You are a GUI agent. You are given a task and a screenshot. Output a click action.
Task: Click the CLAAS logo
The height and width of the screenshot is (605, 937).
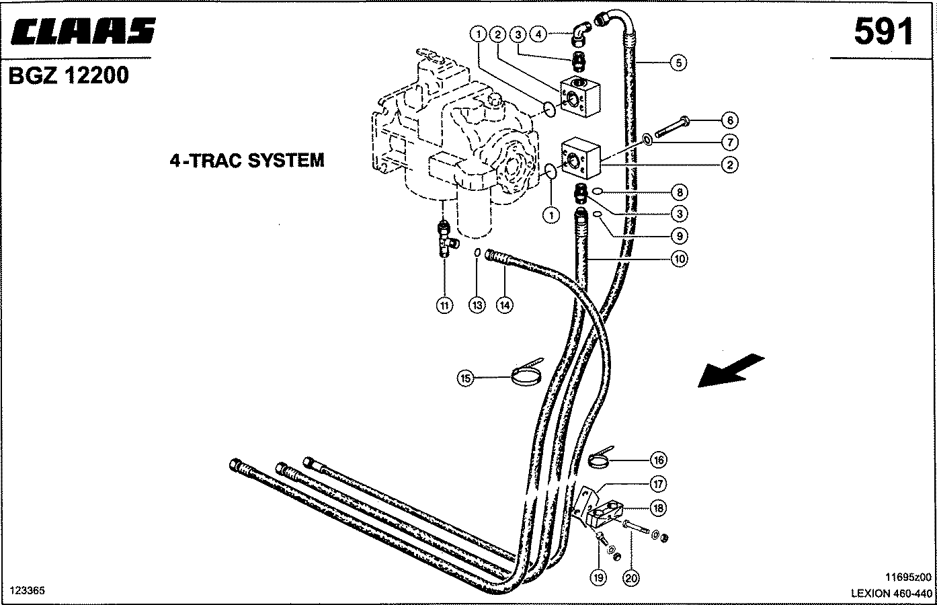pyautogui.click(x=83, y=32)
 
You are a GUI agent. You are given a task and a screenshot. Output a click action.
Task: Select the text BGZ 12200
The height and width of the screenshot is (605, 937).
pyautogui.click(x=69, y=75)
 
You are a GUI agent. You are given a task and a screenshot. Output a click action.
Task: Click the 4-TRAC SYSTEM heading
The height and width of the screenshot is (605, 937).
pyautogui.click(x=247, y=161)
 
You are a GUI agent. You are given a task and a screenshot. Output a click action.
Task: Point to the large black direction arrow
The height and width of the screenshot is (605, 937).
pyautogui.click(x=731, y=370)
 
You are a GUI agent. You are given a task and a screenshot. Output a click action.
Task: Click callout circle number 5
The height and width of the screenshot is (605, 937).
pyautogui.click(x=678, y=63)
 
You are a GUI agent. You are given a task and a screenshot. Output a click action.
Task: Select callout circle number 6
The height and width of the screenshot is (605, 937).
pyautogui.click(x=729, y=121)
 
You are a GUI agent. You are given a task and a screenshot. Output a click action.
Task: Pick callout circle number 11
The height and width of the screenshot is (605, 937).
pyautogui.click(x=444, y=305)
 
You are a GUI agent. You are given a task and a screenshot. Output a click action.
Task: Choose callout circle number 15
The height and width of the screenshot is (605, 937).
pyautogui.click(x=465, y=378)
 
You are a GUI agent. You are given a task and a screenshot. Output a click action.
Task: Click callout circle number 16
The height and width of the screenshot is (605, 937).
pyautogui.click(x=659, y=460)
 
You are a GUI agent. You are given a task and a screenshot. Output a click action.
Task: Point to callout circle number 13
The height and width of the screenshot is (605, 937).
pyautogui.click(x=477, y=305)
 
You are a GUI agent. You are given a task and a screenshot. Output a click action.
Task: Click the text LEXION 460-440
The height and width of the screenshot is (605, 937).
pyautogui.click(x=891, y=593)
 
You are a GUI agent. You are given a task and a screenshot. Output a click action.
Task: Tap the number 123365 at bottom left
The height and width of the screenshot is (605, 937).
pyautogui.click(x=26, y=590)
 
